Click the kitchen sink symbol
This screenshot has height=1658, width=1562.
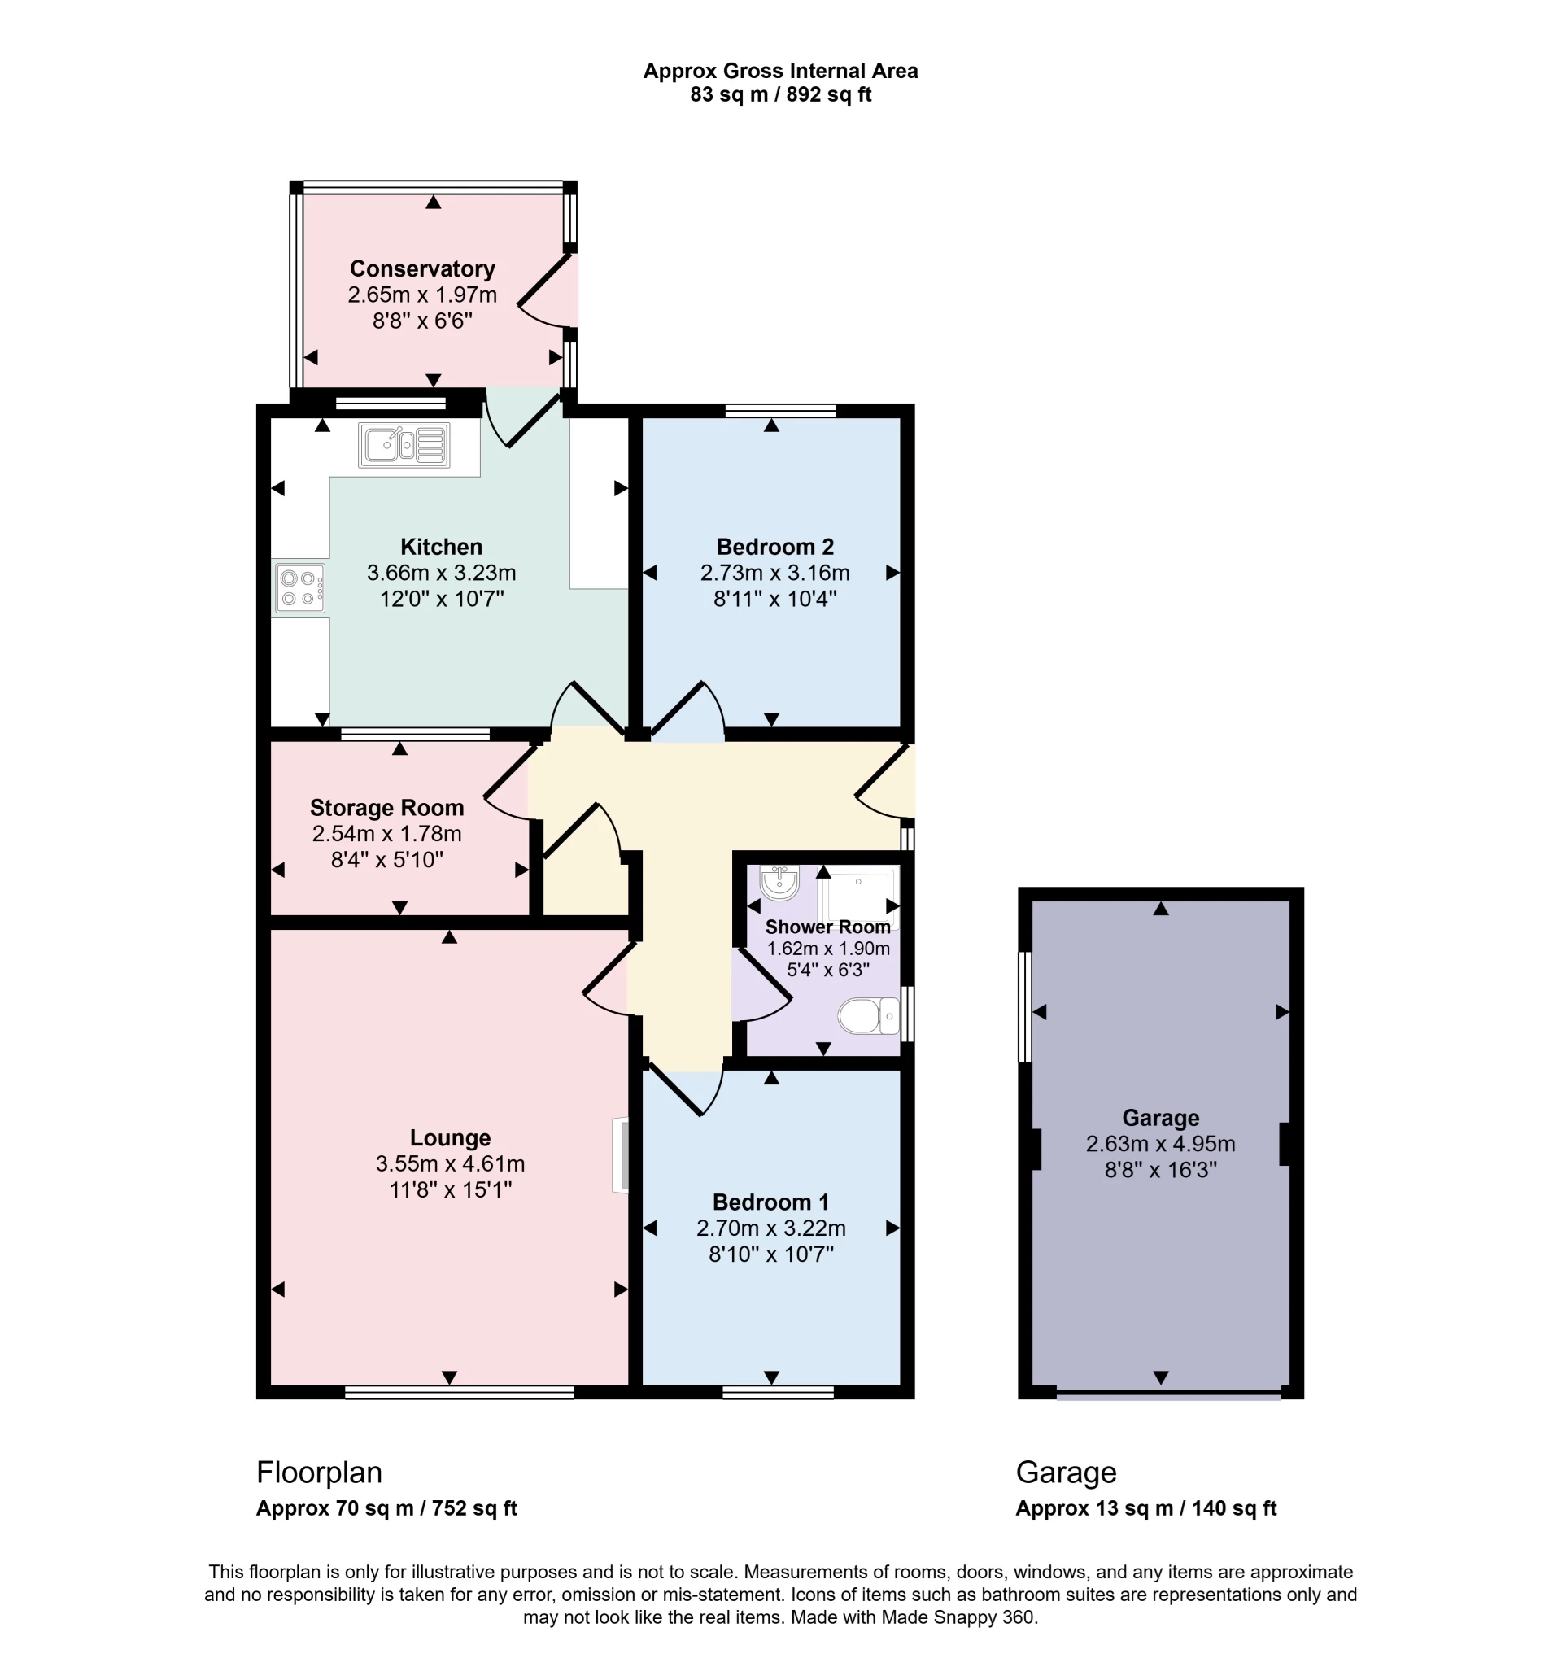pos(404,444)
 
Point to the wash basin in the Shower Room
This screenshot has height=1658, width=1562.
pos(779,883)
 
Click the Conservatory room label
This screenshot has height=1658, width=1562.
pos(422,268)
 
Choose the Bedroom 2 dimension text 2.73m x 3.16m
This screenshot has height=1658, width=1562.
pos(774,573)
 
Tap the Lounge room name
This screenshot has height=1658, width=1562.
pos(450,1137)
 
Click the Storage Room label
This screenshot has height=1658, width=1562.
pos(387,807)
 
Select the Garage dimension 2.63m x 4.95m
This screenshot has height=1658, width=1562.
pos(1160,1143)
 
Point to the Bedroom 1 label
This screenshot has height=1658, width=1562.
pos(770,1202)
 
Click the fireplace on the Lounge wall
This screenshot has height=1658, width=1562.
pos(622,1156)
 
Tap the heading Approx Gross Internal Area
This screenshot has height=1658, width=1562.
pos(779,72)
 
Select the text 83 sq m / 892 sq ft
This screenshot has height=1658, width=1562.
pos(779,95)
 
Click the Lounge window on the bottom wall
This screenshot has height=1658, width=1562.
pos(460,1392)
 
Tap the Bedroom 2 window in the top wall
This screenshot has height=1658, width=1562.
pos(780,410)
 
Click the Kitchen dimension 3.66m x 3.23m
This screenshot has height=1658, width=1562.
pos(441,573)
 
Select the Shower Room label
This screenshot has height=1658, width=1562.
pos(827,927)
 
